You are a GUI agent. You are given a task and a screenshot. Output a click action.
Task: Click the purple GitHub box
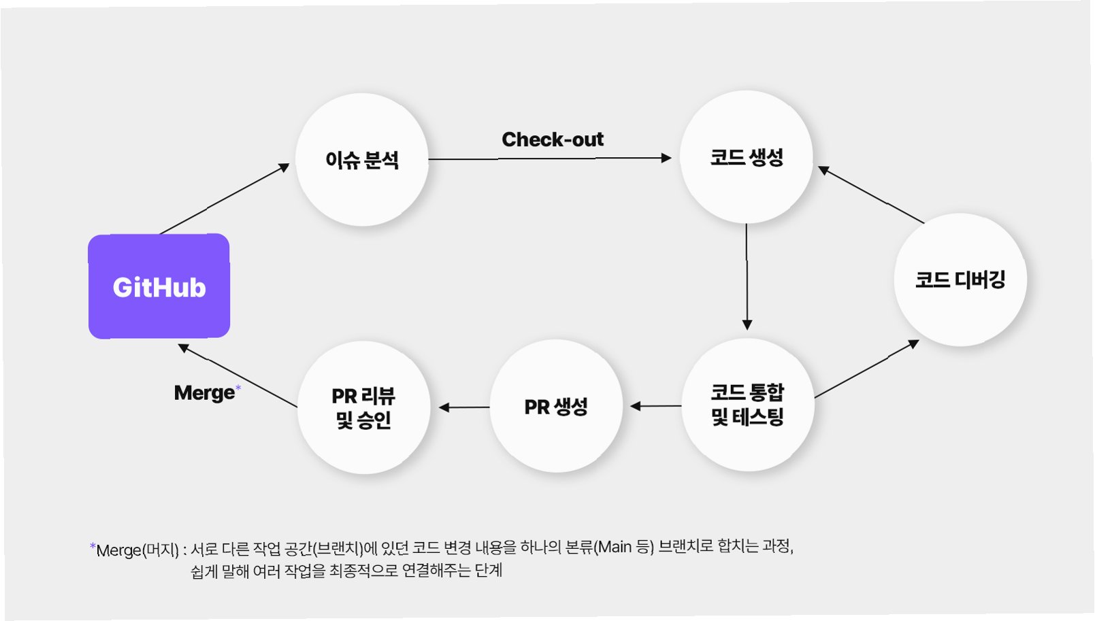(159, 286)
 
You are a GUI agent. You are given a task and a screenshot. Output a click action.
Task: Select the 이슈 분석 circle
(361, 160)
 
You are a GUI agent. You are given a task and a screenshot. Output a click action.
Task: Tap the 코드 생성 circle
(747, 157)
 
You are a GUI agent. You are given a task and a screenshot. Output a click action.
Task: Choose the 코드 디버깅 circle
(960, 280)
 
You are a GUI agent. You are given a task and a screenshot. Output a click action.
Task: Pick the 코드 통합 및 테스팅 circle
(747, 405)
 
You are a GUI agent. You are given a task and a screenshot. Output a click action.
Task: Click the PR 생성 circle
(555, 406)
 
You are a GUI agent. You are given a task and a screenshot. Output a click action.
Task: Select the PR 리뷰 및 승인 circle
(363, 407)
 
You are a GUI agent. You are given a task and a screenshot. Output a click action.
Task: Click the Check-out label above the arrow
(552, 139)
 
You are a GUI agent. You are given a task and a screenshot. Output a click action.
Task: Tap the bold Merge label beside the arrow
(204, 392)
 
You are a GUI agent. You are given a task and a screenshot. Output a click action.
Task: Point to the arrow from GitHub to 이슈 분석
(225, 199)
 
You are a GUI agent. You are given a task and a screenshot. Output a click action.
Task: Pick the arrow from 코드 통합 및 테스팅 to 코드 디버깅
(866, 369)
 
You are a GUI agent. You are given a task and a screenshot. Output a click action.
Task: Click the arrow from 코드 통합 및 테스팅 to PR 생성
(655, 406)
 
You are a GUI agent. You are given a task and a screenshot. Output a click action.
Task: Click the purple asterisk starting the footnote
(93, 546)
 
